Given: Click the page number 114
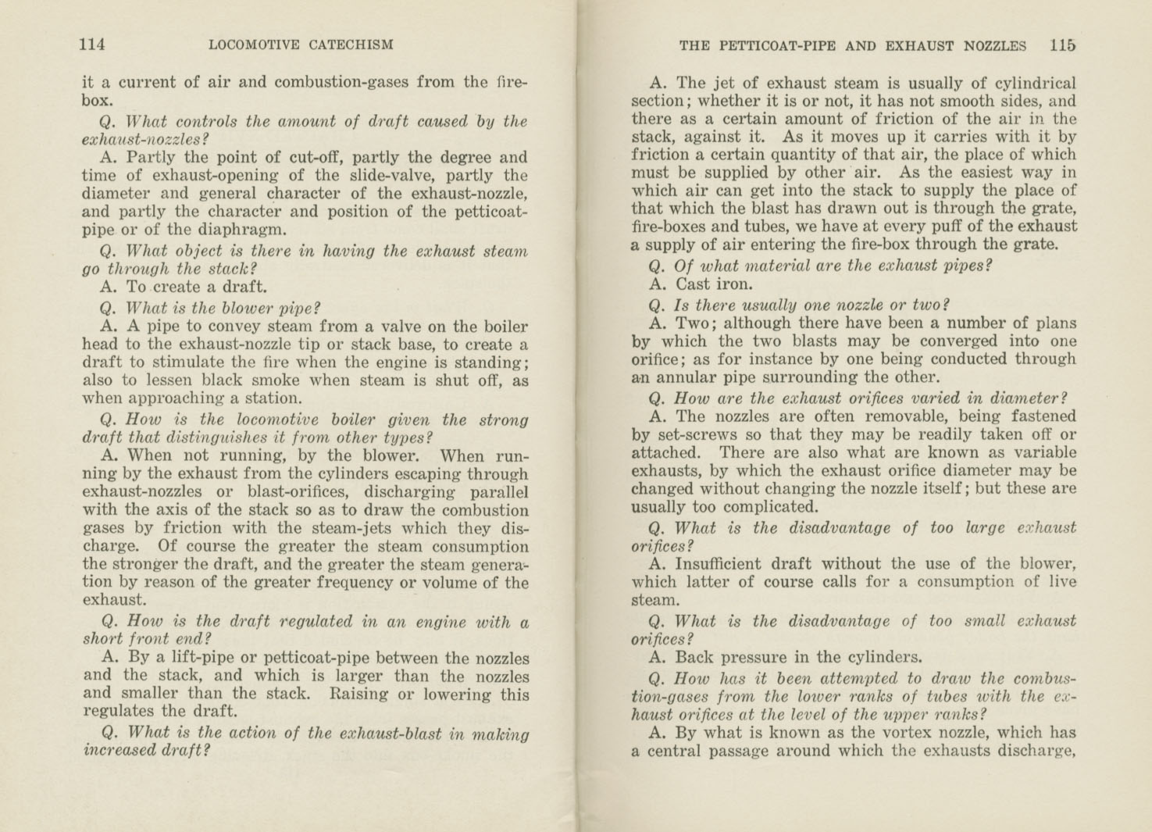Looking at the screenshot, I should [92, 45].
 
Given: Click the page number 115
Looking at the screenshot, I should [1062, 45].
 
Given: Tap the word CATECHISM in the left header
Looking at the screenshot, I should [351, 45].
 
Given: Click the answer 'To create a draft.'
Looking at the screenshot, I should [184, 287].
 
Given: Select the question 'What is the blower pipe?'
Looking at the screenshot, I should [211, 307].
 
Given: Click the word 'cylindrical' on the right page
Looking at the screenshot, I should [1033, 83].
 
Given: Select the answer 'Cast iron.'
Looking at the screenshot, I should [701, 284].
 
